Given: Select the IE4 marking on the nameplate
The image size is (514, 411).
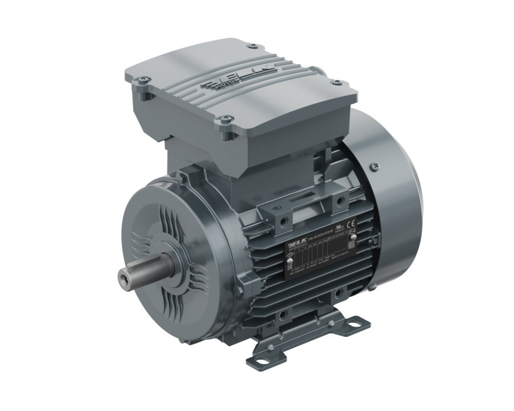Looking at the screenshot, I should (x=367, y=233).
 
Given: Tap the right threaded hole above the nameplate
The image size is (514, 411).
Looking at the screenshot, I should (x=338, y=200).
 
